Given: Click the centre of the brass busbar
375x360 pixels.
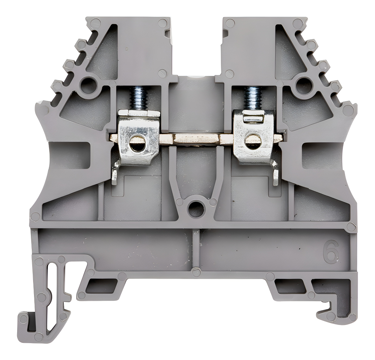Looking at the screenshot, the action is point(196,139).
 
